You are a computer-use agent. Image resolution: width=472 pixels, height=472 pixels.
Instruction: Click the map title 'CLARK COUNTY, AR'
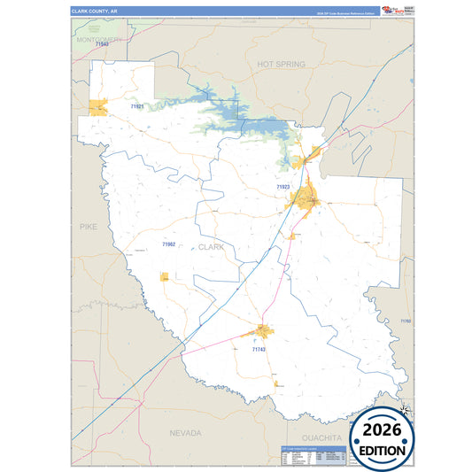pyautogui.click(x=96, y=10)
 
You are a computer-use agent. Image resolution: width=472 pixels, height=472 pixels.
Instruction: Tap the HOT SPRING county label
pyautogui.click(x=281, y=65)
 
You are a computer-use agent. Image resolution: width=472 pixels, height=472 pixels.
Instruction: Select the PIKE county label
pyautogui.click(x=88, y=227)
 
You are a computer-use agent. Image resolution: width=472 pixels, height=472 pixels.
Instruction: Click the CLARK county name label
pyautogui.click(x=212, y=247)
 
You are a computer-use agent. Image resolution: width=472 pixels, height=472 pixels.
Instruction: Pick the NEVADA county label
pyautogui.click(x=185, y=433)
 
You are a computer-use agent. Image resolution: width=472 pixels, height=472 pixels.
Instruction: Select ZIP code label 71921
pyautogui.click(x=137, y=106)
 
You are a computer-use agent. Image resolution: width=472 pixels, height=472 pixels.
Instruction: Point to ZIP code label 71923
pyautogui.click(x=282, y=188)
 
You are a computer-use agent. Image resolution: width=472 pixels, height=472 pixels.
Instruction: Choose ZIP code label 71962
pyautogui.click(x=168, y=244)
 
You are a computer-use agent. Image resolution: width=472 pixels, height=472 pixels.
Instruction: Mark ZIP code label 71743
pyautogui.click(x=259, y=349)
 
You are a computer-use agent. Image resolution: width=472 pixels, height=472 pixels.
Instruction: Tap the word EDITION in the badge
pyautogui.click(x=382, y=450)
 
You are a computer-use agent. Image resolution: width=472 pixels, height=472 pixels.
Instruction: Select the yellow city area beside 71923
pyautogui.click(x=308, y=198)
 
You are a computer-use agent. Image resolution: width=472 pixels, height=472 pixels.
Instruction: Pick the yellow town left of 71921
pyautogui.click(x=97, y=108)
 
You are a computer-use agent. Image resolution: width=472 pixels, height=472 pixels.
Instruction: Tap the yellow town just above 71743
pyautogui.click(x=263, y=332)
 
